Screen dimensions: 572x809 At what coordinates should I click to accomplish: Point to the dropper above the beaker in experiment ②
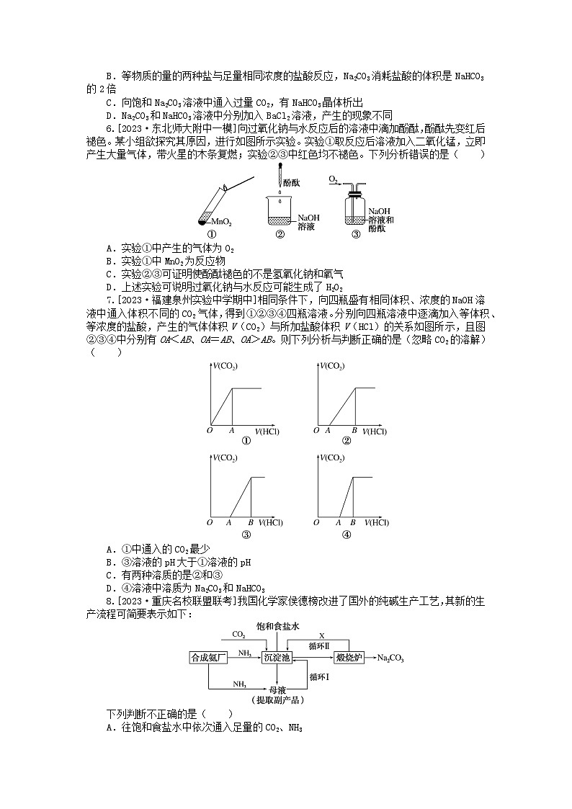pyautogui.click(x=280, y=185)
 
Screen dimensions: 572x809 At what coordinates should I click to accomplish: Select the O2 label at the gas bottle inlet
pyautogui.click(x=334, y=178)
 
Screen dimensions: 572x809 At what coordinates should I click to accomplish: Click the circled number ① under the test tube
pyautogui.click(x=212, y=234)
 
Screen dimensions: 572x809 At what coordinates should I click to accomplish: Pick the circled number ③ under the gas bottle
pyautogui.click(x=355, y=234)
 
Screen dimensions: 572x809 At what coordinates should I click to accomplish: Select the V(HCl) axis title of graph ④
pyautogui.click(x=377, y=522)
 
